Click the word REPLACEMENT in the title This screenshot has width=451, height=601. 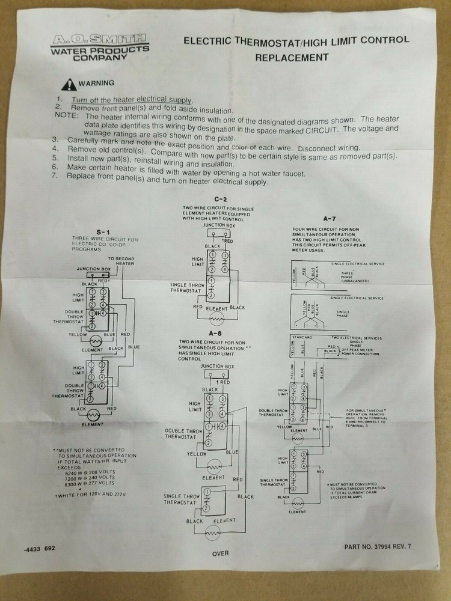point(292,58)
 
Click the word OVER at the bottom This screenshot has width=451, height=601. point(221,554)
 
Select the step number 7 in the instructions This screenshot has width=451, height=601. point(55,176)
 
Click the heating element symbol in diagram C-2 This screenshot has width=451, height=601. point(216,317)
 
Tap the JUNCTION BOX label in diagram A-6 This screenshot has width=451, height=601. point(217,366)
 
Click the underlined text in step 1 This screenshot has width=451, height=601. point(132,100)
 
